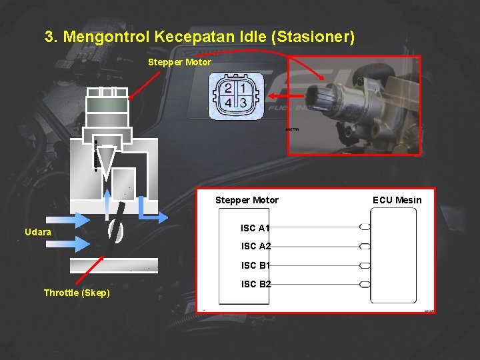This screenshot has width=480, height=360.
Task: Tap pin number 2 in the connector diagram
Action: [x=229, y=89]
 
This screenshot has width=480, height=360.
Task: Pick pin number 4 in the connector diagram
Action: [x=229, y=103]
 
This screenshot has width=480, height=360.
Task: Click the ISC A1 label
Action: [x=255, y=228]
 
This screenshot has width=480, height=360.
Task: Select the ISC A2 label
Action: [x=256, y=247]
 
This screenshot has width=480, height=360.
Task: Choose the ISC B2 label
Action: [x=256, y=284]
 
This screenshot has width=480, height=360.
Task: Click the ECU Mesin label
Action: [x=397, y=200]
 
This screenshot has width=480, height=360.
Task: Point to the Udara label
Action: [x=38, y=232]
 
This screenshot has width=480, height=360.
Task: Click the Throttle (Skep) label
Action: [x=77, y=293]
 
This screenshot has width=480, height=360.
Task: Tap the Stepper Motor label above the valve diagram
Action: [x=179, y=62]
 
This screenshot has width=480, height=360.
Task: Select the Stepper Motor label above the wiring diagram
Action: [x=247, y=200]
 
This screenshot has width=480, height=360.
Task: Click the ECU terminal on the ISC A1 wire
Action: [x=365, y=227]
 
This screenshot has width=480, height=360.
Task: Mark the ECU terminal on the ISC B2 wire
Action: [x=365, y=285]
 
